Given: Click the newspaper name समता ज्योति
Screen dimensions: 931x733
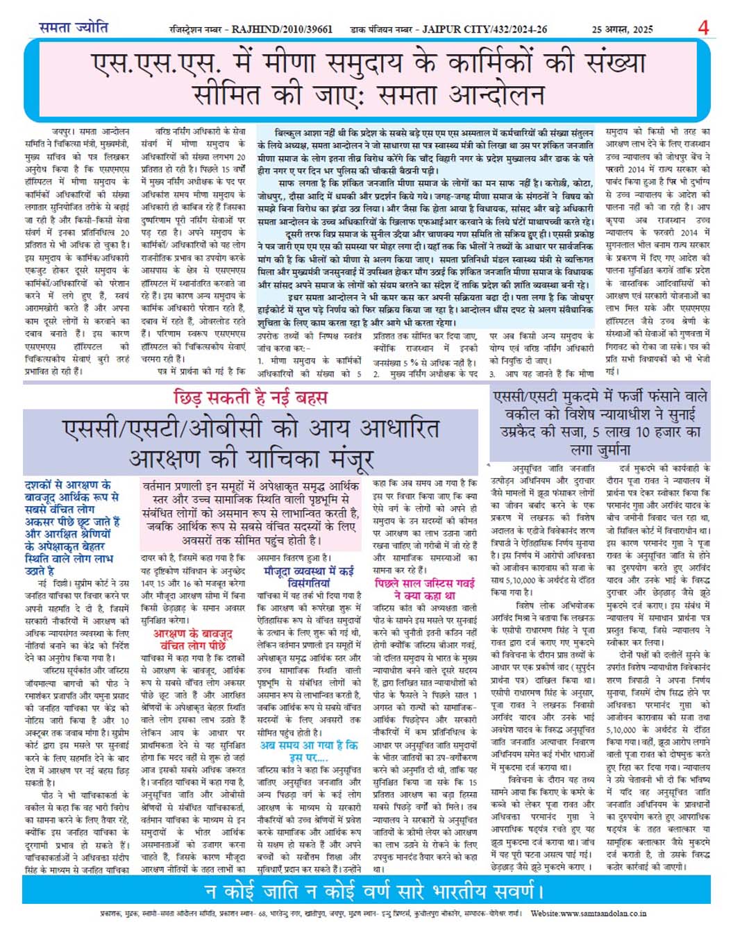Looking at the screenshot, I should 73,28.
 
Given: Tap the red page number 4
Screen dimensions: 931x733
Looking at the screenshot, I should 703,28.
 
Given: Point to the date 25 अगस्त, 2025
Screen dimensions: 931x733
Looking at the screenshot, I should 622,29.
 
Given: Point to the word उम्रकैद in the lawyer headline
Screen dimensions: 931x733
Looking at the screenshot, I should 528,432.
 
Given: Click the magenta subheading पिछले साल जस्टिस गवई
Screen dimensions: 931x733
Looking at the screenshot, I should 424,583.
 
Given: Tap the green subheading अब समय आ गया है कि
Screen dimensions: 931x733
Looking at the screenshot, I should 309,745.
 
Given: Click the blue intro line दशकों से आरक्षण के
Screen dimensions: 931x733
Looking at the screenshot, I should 67,485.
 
